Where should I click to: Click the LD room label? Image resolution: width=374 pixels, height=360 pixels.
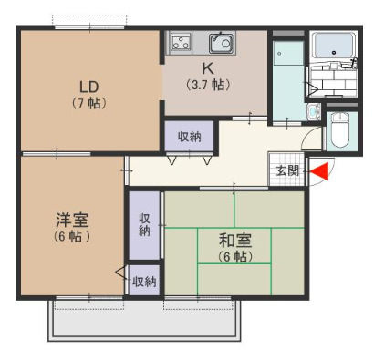pos(88,87)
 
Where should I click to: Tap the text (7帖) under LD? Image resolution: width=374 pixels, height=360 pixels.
pos(88,103)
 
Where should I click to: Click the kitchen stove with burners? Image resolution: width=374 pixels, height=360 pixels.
pos(181,42)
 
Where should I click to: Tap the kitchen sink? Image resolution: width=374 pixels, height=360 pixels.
pos(220,42)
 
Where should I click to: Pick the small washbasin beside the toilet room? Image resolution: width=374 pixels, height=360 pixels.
pos(313,113)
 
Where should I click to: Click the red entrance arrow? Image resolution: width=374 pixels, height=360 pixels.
pos(320,170)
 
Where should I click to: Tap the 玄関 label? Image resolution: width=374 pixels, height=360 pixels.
pos(286,170)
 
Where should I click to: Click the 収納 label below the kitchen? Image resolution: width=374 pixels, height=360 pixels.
pos(189,137)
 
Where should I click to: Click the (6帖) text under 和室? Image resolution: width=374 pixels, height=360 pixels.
pos(234,257)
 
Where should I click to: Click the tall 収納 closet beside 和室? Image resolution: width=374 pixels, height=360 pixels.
pos(144,225)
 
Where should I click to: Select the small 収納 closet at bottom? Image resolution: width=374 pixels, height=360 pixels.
pos(144,282)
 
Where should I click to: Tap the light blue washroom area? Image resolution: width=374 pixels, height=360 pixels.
pos(288,82)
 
